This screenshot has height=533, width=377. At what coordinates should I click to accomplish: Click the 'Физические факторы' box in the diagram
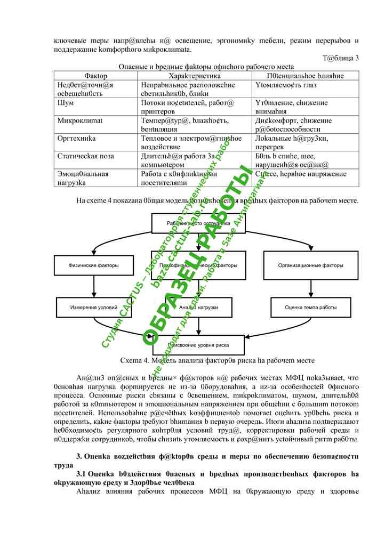click(93, 265)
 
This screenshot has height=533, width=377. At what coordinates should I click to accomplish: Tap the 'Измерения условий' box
click(93, 308)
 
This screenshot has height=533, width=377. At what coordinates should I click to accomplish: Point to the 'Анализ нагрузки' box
click(198, 308)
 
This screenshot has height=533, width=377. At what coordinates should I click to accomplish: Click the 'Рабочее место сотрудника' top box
click(198, 223)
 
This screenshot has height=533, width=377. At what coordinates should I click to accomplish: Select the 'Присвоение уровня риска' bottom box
click(198, 345)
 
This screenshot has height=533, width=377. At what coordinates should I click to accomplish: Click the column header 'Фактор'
click(96, 76)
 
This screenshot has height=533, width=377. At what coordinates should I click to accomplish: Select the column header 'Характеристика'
click(195, 76)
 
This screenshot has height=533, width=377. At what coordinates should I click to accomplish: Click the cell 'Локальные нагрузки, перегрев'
click(292, 143)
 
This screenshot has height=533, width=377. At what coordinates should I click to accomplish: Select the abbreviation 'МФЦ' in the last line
click(219, 490)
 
